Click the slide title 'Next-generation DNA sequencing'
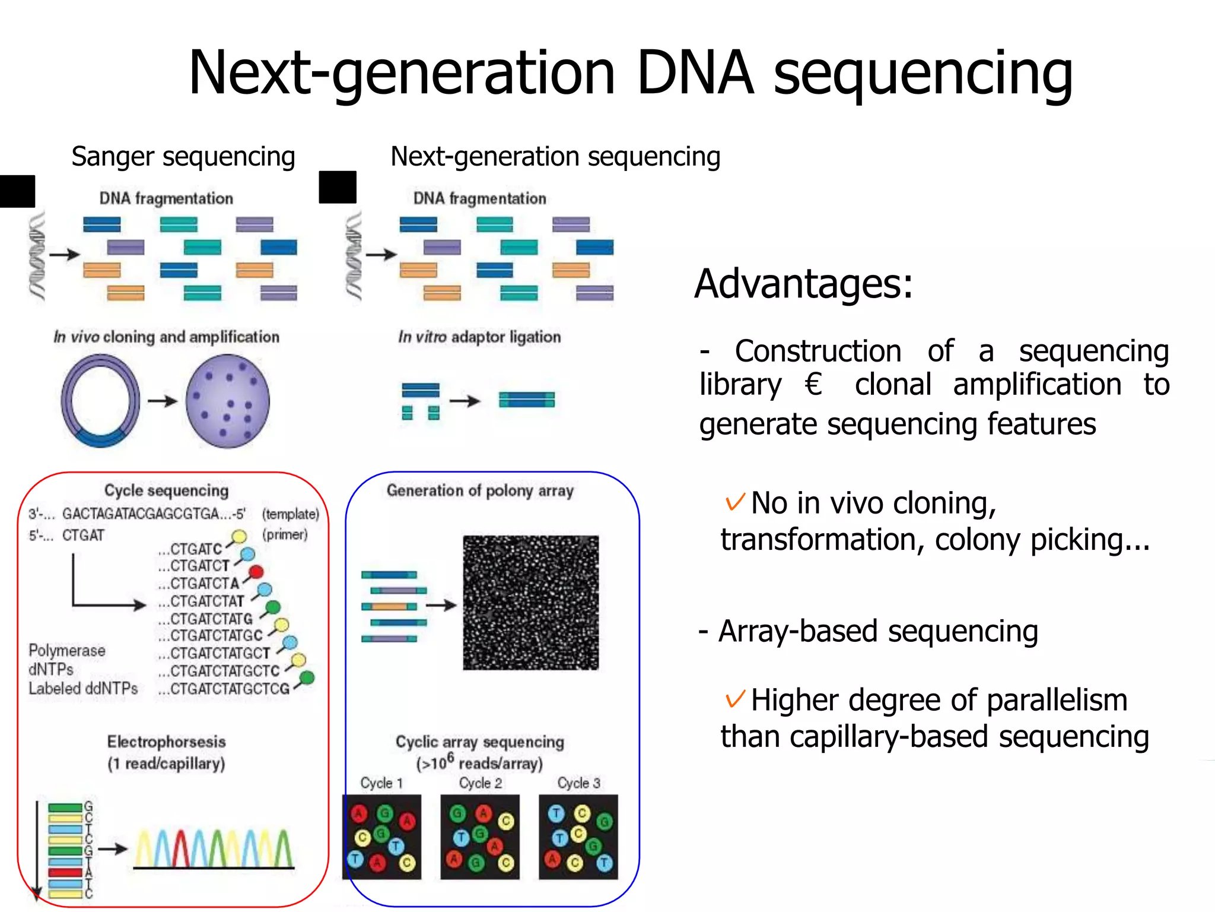[630, 72]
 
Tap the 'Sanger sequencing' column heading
[183, 157]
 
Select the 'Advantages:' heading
[803, 284]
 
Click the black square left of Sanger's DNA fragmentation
[17, 191]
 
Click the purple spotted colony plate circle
[228, 401]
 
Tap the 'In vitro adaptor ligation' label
[479, 337]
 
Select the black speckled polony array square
[530, 603]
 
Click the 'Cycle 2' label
[480, 783]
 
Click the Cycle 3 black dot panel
[578, 837]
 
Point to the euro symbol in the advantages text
[813, 384]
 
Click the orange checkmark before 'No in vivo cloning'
[734, 502]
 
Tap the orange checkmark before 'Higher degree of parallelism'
[734, 699]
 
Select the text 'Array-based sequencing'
[878, 631]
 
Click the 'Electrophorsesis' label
[166, 742]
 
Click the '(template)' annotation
[290, 514]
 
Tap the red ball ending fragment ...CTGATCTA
[256, 572]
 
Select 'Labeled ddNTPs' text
[83, 689]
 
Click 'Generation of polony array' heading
[480, 490]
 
